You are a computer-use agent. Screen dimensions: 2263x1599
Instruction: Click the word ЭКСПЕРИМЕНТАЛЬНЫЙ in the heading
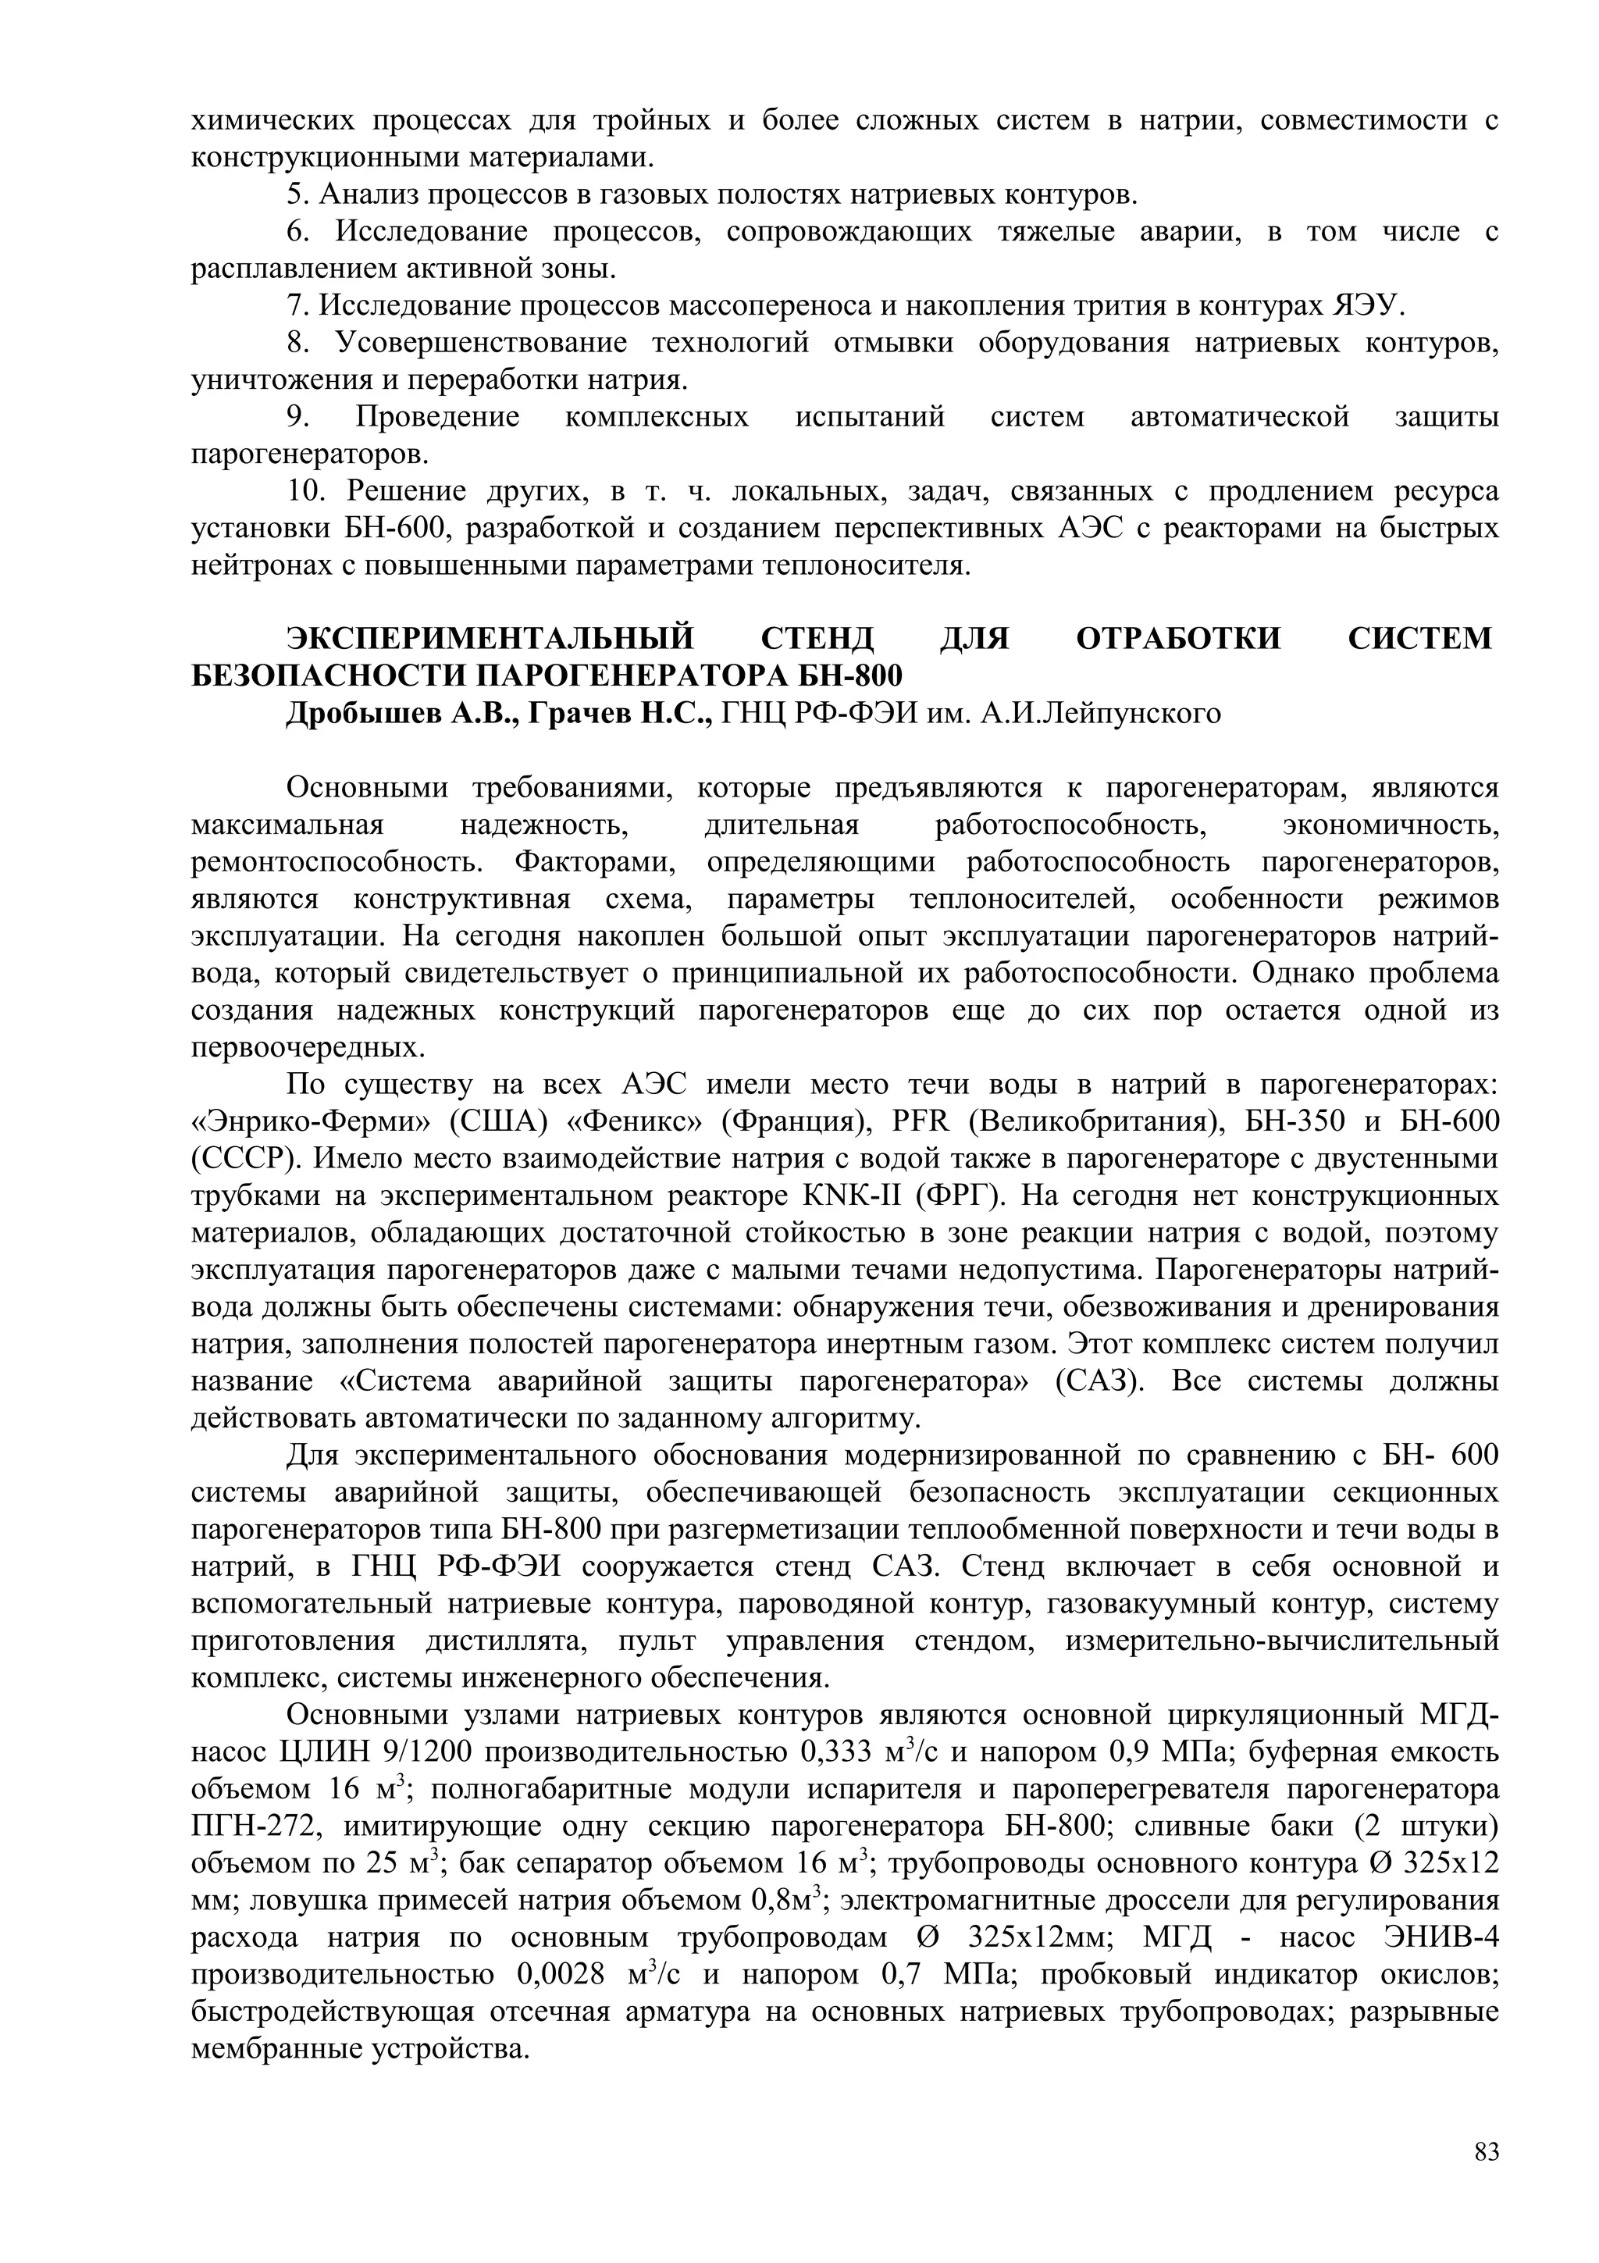click(490, 639)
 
